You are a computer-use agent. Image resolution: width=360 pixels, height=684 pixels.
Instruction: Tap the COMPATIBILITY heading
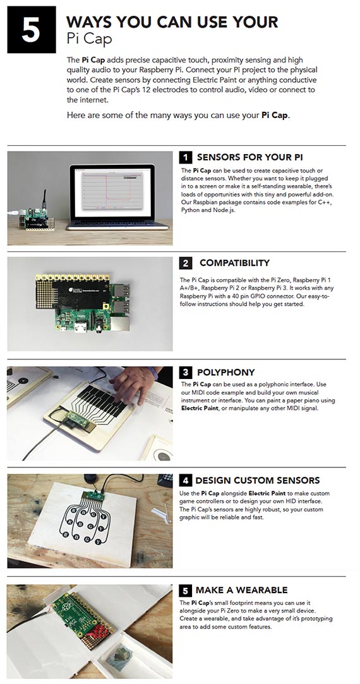click(234, 263)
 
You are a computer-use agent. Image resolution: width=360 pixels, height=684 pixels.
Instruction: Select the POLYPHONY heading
click(225, 373)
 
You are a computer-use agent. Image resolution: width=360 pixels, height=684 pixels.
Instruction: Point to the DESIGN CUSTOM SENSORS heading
click(257, 480)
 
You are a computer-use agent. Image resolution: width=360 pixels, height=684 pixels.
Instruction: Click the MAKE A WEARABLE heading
click(241, 590)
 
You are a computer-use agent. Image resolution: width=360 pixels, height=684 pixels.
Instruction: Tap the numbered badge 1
click(186, 157)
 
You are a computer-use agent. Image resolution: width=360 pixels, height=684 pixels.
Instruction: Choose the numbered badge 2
click(186, 263)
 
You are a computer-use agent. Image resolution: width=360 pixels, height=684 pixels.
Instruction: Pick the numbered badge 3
click(186, 373)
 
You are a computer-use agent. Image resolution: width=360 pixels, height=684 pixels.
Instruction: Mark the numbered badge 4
click(186, 481)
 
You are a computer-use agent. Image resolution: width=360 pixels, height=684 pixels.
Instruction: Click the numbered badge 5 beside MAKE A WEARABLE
click(186, 591)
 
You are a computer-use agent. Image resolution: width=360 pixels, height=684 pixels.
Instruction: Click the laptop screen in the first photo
click(112, 190)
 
